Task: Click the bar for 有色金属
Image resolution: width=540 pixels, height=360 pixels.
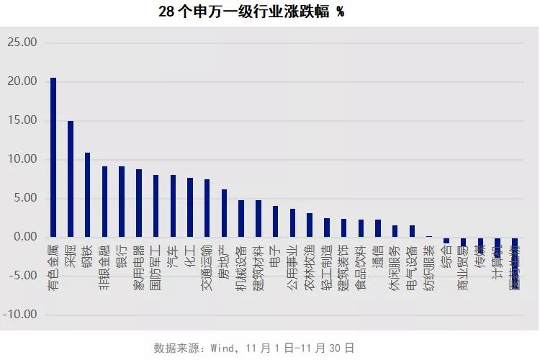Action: click(x=53, y=157)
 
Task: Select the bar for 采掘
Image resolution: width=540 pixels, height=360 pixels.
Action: click(x=71, y=179)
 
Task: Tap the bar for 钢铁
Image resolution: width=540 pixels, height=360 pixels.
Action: click(x=87, y=194)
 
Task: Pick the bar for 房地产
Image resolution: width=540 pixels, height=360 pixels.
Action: click(x=224, y=213)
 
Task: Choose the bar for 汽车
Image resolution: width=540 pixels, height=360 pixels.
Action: click(x=173, y=206)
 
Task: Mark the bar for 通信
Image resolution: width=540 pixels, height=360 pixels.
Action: click(x=378, y=228)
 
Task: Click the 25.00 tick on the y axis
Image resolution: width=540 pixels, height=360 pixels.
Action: click(x=22, y=42)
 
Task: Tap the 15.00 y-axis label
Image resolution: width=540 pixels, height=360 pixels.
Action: click(x=22, y=121)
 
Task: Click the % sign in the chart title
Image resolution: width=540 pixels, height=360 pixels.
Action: click(x=340, y=13)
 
